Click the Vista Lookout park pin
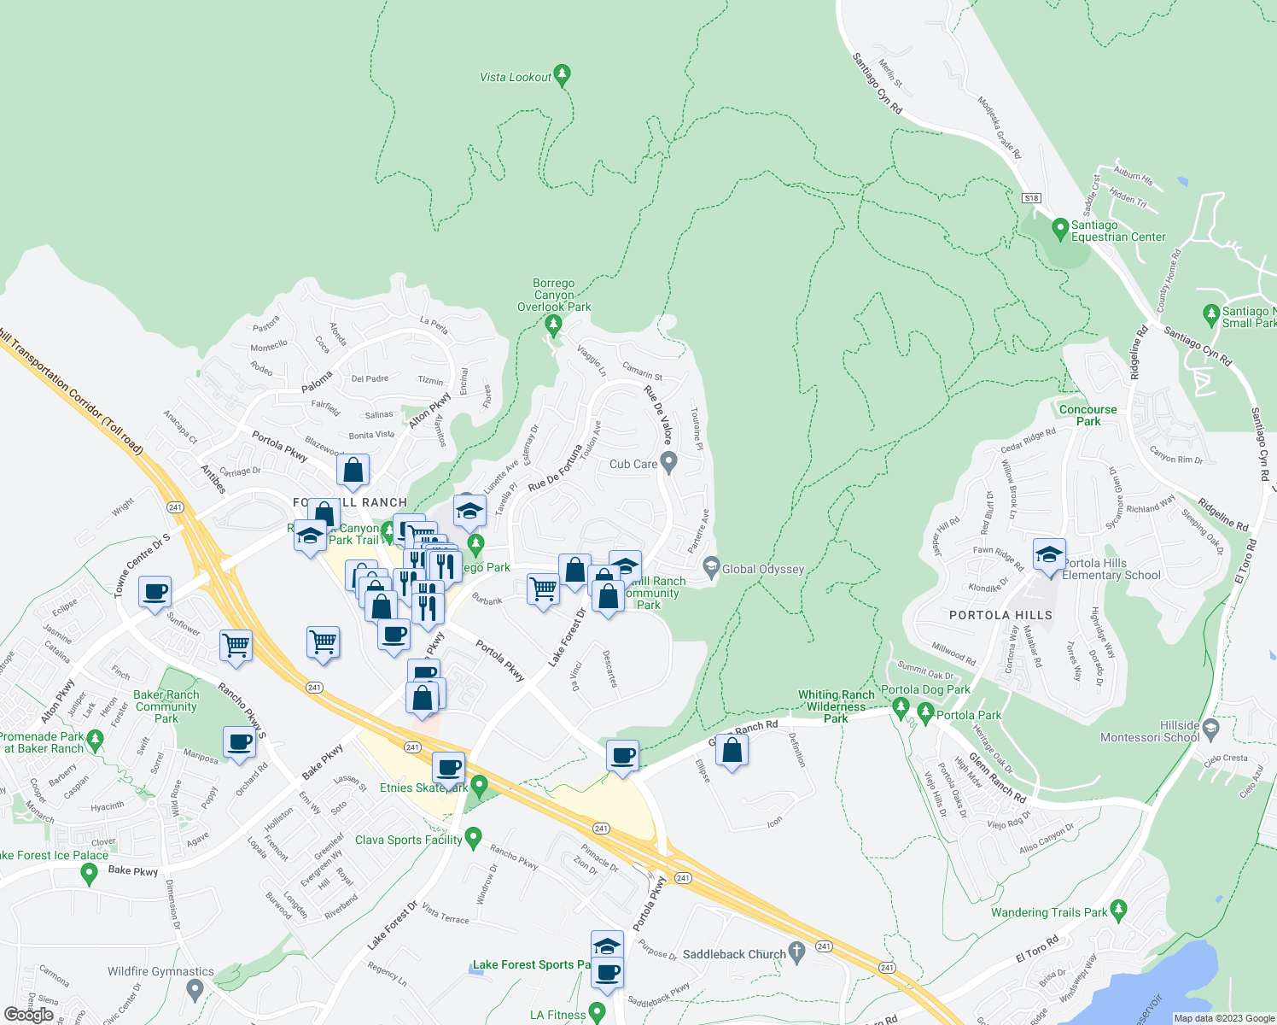[x=562, y=75]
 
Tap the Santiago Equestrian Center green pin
[x=1060, y=229]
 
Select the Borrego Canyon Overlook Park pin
[x=553, y=325]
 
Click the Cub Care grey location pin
[x=669, y=463]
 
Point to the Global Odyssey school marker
[x=711, y=567]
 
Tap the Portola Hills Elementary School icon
[x=1049, y=554]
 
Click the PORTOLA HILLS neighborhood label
[x=1000, y=615]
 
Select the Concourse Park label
[x=1087, y=415]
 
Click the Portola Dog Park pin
[x=900, y=707]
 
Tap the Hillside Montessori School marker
[x=1211, y=730]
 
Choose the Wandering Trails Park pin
[x=1119, y=911]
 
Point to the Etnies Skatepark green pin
[x=479, y=785]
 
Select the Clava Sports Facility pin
[x=473, y=838]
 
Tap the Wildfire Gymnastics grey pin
[x=195, y=990]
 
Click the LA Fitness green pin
[x=597, y=1013]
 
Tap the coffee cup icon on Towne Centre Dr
[x=155, y=592]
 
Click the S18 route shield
[x=1031, y=198]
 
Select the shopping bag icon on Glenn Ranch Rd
[x=732, y=751]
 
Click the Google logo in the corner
[x=29, y=1015]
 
